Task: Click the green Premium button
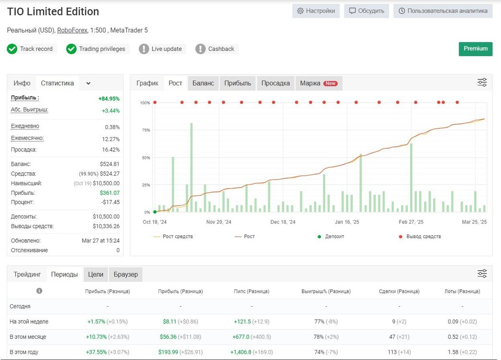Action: click(476, 49)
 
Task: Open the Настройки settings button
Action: click(316, 11)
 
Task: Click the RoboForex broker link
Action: click(72, 30)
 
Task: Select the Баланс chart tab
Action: click(203, 84)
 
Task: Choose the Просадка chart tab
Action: click(275, 84)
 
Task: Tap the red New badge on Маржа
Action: click(330, 84)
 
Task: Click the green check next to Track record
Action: click(12, 49)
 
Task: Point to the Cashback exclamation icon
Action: click(200, 49)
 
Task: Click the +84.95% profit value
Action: click(109, 98)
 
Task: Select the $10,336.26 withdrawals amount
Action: click(106, 226)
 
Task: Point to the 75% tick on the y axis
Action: click(146, 130)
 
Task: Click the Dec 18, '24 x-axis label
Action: click(283, 222)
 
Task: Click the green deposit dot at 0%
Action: click(155, 212)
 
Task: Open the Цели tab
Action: click(96, 275)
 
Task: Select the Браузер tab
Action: click(126, 275)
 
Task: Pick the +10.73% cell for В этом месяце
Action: click(96, 337)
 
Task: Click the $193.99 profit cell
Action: click(168, 352)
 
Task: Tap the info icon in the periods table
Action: click(39, 291)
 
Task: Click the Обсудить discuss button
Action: click(367, 11)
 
